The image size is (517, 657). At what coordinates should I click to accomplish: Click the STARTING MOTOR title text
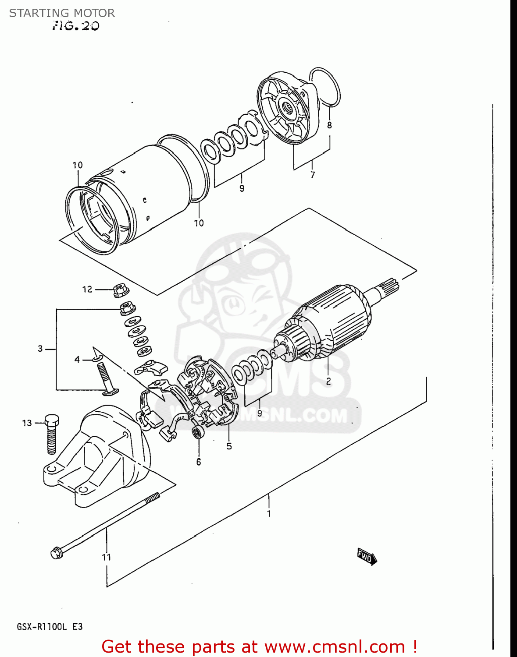pyautogui.click(x=62, y=13)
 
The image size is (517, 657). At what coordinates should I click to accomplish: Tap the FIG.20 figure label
pyautogui.click(x=75, y=26)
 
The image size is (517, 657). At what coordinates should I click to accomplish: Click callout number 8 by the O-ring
pyautogui.click(x=329, y=125)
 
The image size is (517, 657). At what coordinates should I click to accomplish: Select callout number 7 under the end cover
pyautogui.click(x=312, y=175)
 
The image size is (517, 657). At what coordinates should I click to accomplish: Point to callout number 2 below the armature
pyautogui.click(x=328, y=381)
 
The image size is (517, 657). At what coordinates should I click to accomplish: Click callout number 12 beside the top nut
pyautogui.click(x=87, y=289)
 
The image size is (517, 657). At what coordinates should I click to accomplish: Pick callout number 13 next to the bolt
pyautogui.click(x=27, y=423)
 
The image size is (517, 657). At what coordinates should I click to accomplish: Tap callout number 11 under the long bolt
pyautogui.click(x=106, y=557)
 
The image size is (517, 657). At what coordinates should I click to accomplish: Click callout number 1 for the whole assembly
pyautogui.click(x=269, y=513)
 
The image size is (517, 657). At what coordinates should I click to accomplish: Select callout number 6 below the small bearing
pyautogui.click(x=199, y=462)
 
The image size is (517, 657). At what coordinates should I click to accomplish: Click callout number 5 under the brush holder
pyautogui.click(x=229, y=446)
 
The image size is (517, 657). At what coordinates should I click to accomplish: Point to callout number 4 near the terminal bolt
pyautogui.click(x=77, y=360)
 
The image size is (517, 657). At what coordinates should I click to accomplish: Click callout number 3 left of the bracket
pyautogui.click(x=40, y=349)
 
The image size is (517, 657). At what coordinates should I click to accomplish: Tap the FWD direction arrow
pyautogui.click(x=366, y=557)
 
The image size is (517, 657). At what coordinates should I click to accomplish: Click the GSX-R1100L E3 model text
pyautogui.click(x=50, y=627)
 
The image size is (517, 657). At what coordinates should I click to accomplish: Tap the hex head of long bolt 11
pyautogui.click(x=56, y=553)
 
